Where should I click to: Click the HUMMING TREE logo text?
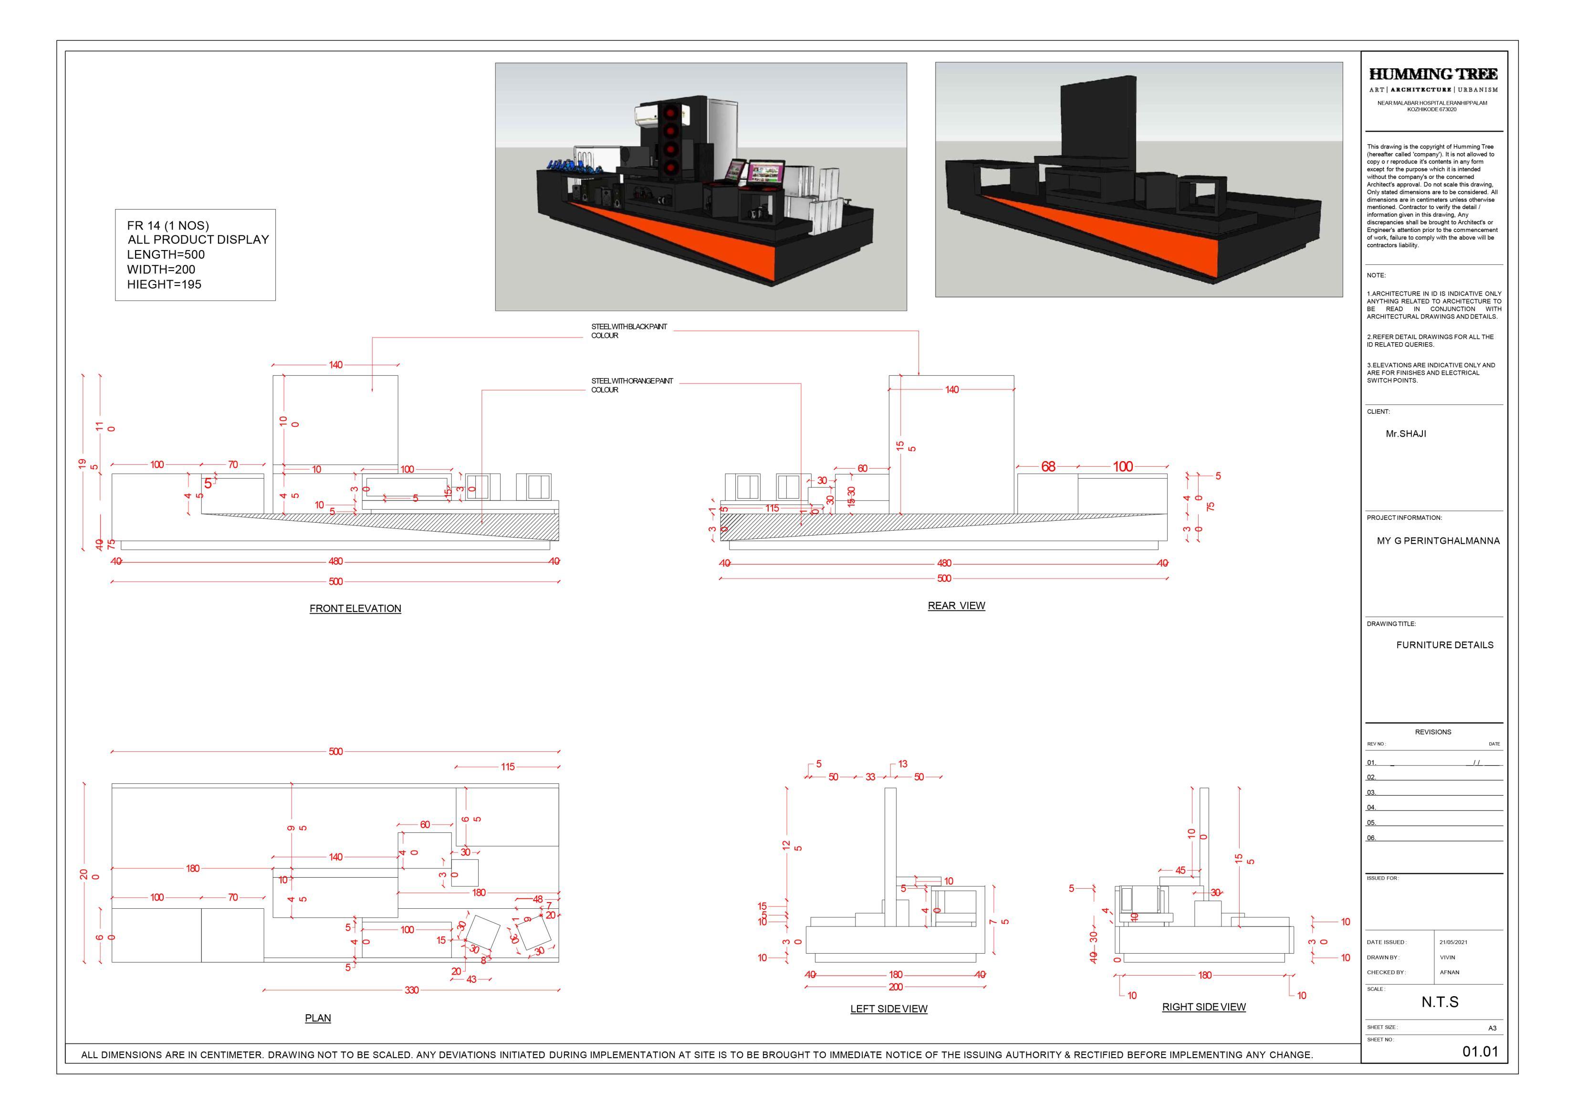[x=1433, y=74]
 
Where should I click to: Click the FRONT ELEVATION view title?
[x=355, y=609]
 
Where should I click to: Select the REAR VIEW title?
[x=956, y=605]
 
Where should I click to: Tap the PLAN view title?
[x=318, y=1018]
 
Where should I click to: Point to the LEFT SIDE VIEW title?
[x=889, y=1009]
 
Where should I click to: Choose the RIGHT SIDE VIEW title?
[x=1203, y=1007]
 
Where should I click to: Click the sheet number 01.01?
[x=1480, y=1051]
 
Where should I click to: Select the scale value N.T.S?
[x=1440, y=1002]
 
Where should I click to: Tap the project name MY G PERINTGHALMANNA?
[x=1438, y=541]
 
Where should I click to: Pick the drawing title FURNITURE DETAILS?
[x=1444, y=644]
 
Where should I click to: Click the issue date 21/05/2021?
[x=1453, y=942]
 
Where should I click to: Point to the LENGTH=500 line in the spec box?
[x=166, y=254]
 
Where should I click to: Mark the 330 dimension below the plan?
[x=411, y=990]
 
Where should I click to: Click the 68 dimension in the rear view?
[x=1048, y=466]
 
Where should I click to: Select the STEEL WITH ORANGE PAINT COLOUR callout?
[x=632, y=385]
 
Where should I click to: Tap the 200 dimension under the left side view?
[x=896, y=987]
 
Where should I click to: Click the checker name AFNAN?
[x=1450, y=972]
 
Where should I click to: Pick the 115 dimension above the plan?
[x=508, y=767]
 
